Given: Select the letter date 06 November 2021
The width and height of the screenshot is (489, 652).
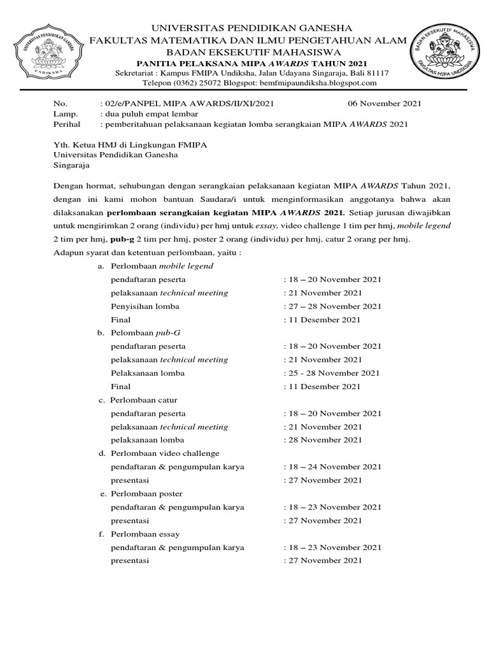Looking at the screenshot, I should pyautogui.click(x=384, y=103).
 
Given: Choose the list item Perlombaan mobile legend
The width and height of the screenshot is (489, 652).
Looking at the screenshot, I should pyautogui.click(x=162, y=266).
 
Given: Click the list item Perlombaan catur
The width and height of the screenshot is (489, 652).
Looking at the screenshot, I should pyautogui.click(x=144, y=400).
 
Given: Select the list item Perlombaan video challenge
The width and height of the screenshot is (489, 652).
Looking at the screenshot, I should pyautogui.click(x=164, y=453).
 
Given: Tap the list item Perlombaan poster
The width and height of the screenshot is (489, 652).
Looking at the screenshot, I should pyautogui.click(x=146, y=493).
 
